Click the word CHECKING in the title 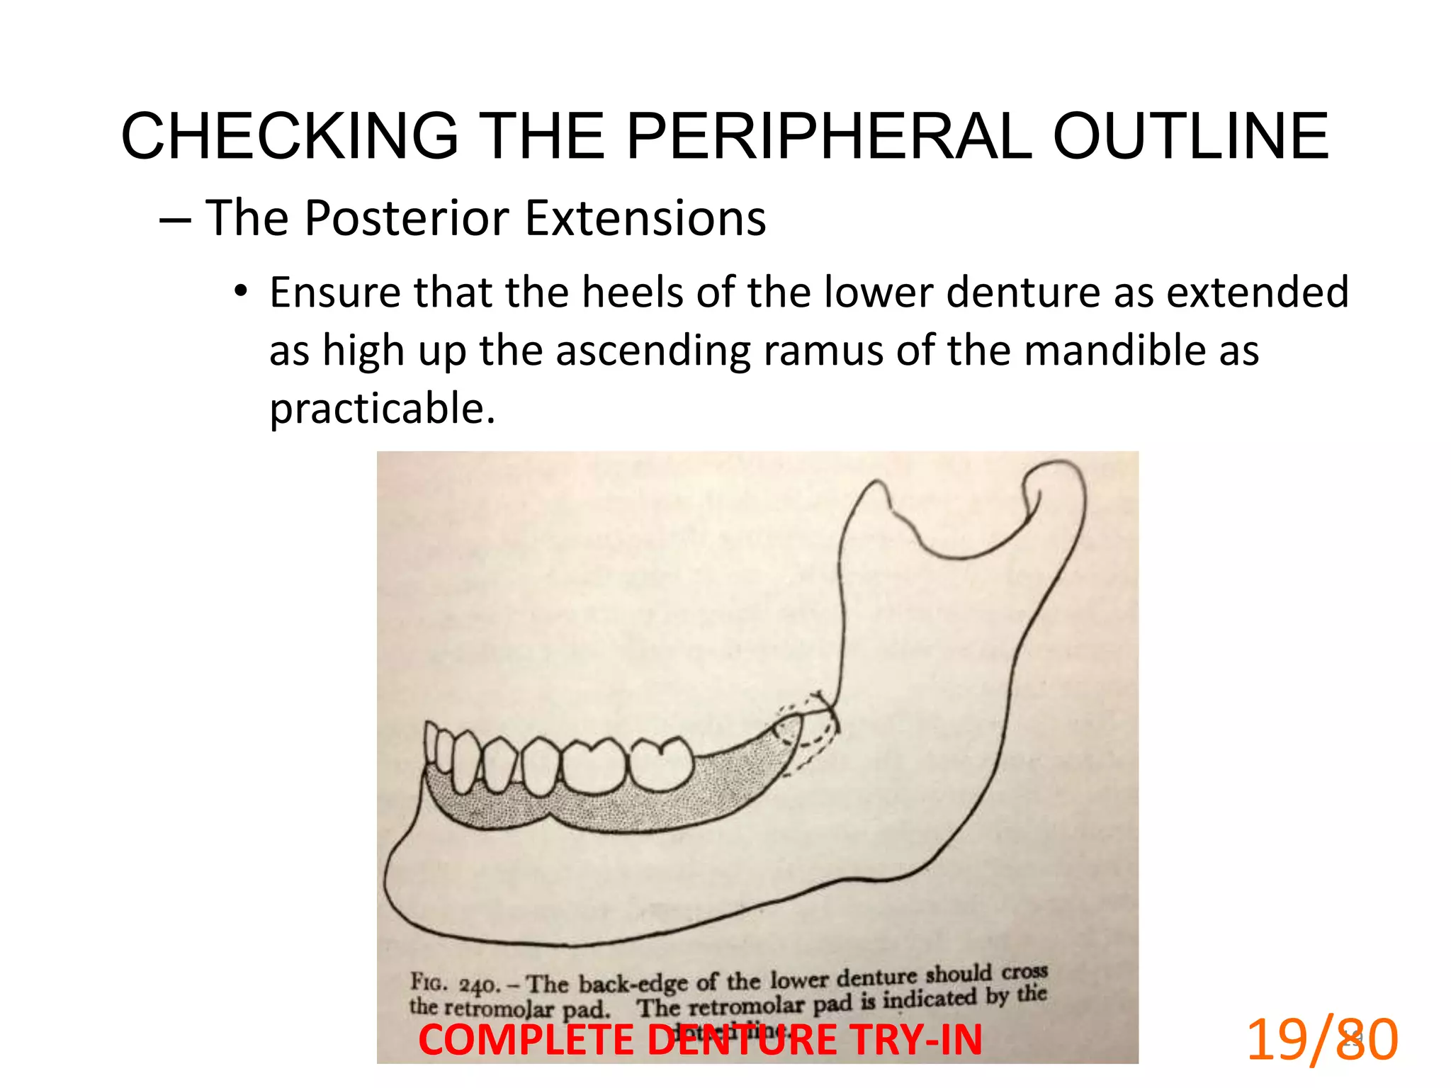(x=290, y=137)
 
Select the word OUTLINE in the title (x=1190, y=137)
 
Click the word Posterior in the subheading (x=407, y=217)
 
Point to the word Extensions (x=645, y=217)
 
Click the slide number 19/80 (x=1321, y=1039)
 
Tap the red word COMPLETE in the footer (x=526, y=1041)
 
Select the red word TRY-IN (x=916, y=1041)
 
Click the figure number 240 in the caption (x=479, y=985)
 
